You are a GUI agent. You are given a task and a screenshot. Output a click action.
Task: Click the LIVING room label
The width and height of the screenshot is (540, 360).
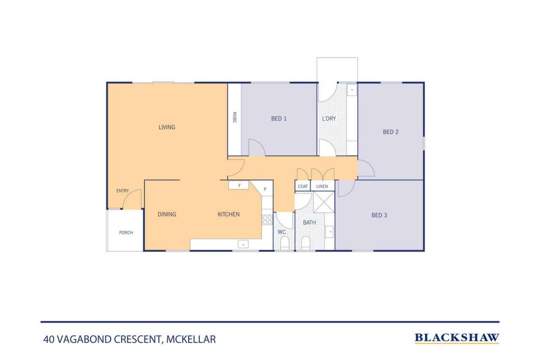point(167,127)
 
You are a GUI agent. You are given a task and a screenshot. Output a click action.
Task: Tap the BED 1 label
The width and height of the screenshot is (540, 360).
point(279,119)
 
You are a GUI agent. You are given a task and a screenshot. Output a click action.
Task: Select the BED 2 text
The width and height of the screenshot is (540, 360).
point(391,132)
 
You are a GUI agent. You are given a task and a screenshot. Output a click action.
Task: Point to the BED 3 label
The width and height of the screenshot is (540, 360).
point(379,215)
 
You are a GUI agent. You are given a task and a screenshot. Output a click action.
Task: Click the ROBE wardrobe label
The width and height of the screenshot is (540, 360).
point(234,117)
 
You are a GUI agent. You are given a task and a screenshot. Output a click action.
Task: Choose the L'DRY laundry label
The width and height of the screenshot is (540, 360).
point(329,119)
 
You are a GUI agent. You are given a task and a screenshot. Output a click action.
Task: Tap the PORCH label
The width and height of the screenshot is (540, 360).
point(126,233)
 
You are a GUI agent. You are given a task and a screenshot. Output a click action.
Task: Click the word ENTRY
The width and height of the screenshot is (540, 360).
point(122,191)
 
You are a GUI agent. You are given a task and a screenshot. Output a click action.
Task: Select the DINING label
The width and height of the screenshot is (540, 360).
point(167,214)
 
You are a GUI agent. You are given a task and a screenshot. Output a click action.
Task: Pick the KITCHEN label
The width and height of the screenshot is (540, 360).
point(228,214)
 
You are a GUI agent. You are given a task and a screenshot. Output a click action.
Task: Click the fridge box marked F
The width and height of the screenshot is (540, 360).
point(239,185)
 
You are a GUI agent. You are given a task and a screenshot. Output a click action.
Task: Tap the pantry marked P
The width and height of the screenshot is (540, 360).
point(265,189)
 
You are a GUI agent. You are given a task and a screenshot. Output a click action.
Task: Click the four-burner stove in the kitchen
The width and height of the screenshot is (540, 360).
point(267,220)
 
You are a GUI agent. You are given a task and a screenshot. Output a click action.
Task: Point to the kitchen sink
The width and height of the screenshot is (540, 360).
point(243,244)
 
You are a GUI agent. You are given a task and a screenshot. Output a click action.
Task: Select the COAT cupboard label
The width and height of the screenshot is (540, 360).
point(302,186)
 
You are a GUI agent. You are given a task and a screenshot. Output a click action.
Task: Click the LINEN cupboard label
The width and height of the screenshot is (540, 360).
point(322,186)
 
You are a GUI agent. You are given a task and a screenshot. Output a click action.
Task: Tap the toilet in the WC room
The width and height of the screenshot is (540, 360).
point(285,243)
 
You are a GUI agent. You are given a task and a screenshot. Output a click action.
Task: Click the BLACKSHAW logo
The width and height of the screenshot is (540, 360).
point(456,338)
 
